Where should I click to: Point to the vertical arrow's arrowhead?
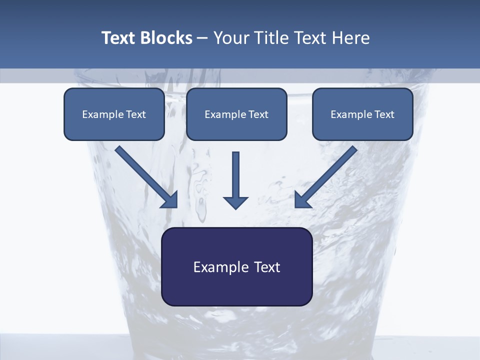point(236,202)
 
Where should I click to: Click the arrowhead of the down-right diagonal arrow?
point(170,200)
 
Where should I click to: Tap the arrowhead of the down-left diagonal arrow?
point(302,200)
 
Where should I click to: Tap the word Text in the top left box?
point(135,114)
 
